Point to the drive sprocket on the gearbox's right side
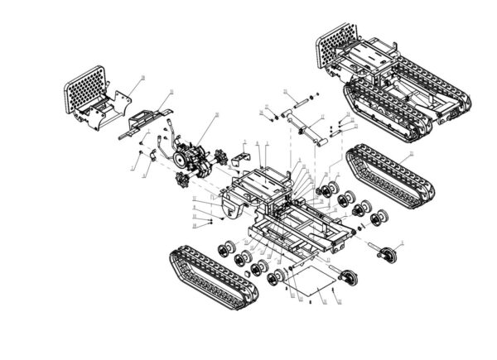[x=221, y=155]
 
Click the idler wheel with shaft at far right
[x=386, y=253]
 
